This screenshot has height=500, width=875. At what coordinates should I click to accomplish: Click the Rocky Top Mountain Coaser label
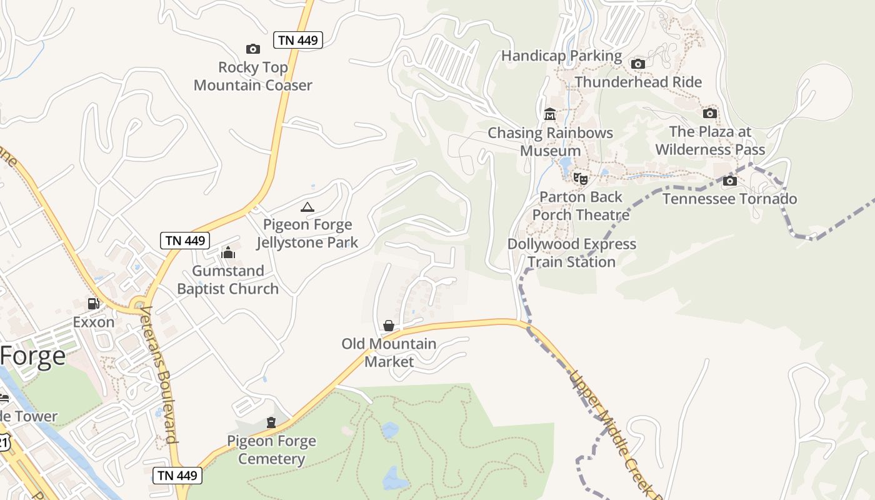252,76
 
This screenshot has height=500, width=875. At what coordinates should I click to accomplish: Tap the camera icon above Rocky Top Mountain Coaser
252,49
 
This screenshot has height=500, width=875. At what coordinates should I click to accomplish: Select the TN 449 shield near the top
298,41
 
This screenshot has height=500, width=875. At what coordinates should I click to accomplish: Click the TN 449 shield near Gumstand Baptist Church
184,241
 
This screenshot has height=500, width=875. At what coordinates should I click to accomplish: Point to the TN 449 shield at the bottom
177,475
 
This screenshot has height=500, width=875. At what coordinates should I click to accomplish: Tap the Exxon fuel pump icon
93,304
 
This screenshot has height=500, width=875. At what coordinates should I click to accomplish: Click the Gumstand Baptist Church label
227,280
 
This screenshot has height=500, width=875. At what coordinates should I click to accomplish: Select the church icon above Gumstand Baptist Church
227,252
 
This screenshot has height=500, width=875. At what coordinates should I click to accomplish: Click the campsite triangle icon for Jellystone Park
307,207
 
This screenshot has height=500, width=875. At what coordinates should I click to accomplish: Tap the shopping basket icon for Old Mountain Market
388,326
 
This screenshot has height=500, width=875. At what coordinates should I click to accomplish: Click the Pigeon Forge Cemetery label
271,450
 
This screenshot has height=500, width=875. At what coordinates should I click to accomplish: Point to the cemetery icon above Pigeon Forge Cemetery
271,423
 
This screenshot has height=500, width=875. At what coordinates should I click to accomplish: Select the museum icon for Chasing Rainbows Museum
550,114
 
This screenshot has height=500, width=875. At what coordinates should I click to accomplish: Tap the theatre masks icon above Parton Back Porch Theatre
581,179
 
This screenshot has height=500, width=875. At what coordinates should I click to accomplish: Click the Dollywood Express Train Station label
571,253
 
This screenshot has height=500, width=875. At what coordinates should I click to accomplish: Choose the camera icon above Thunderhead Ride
638,64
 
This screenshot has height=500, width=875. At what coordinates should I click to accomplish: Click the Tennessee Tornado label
729,199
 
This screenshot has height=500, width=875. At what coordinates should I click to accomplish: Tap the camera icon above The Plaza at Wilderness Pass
709,113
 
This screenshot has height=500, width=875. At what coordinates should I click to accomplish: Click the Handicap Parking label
561,56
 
